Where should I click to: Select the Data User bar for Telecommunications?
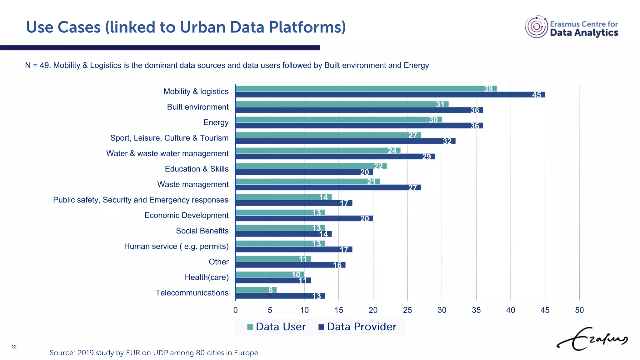click(256, 290)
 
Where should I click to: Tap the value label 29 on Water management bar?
click(426, 157)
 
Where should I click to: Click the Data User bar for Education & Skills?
click(311, 166)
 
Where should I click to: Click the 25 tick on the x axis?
click(407, 310)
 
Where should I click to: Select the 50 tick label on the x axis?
click(579, 310)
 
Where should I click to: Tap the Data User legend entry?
click(276, 327)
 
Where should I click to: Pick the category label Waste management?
click(193, 184)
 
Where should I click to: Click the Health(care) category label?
click(207, 277)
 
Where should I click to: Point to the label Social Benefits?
click(202, 231)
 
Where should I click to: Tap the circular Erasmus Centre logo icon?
click(536, 27)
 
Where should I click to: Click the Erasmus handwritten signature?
click(592, 339)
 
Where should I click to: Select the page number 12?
click(14, 347)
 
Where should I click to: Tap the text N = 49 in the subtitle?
click(37, 65)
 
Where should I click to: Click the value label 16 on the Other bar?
click(337, 265)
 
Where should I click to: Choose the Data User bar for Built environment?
click(342, 104)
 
